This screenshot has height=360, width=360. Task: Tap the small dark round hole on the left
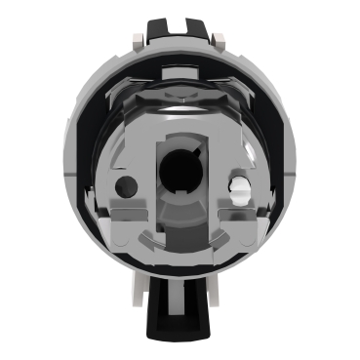122,186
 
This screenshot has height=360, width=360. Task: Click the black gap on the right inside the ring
274,176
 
